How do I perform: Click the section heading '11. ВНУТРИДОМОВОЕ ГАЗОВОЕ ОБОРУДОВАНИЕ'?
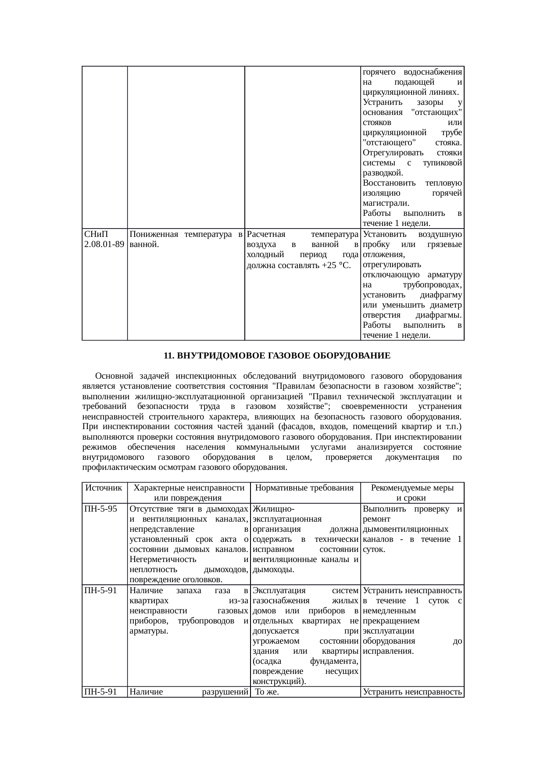pos(277,356)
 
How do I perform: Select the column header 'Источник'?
pos(104,488)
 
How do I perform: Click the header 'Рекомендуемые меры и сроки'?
pos(412,493)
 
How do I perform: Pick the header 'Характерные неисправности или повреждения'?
pos(188,493)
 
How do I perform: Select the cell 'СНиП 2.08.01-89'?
pos(104,239)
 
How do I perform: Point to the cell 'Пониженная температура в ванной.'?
pos(186,239)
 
